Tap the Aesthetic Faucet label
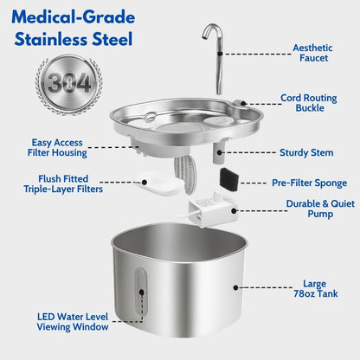(312, 54)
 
